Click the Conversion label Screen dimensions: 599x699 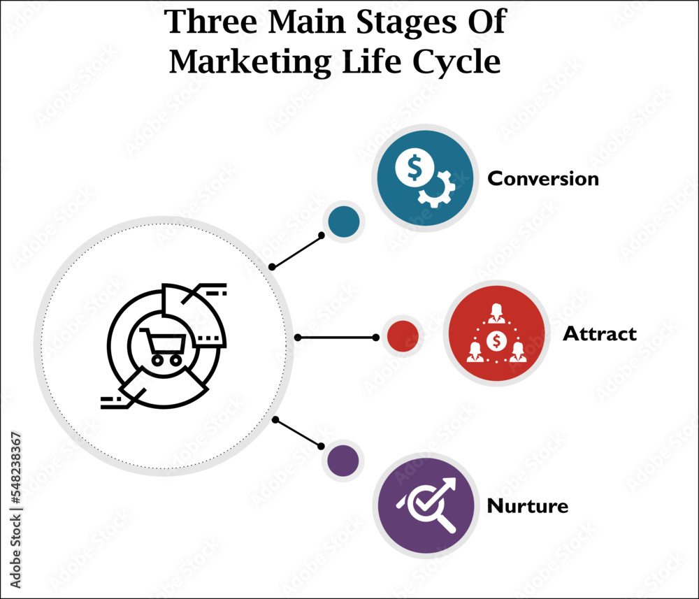coord(543,179)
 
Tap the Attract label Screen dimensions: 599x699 coord(600,334)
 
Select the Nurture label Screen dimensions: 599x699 coord(527,506)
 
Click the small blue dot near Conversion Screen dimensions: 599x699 coord(344,222)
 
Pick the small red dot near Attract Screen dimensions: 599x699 coord(403,336)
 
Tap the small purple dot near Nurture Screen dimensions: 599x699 coord(343,461)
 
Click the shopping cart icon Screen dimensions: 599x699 coord(164,346)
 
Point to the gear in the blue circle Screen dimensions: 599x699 coord(436,187)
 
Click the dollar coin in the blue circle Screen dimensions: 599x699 coord(413,167)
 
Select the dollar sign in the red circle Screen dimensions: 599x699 coord(497,341)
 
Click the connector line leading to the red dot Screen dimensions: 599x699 coord(336,338)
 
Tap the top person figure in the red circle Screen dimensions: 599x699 coord(497,312)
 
